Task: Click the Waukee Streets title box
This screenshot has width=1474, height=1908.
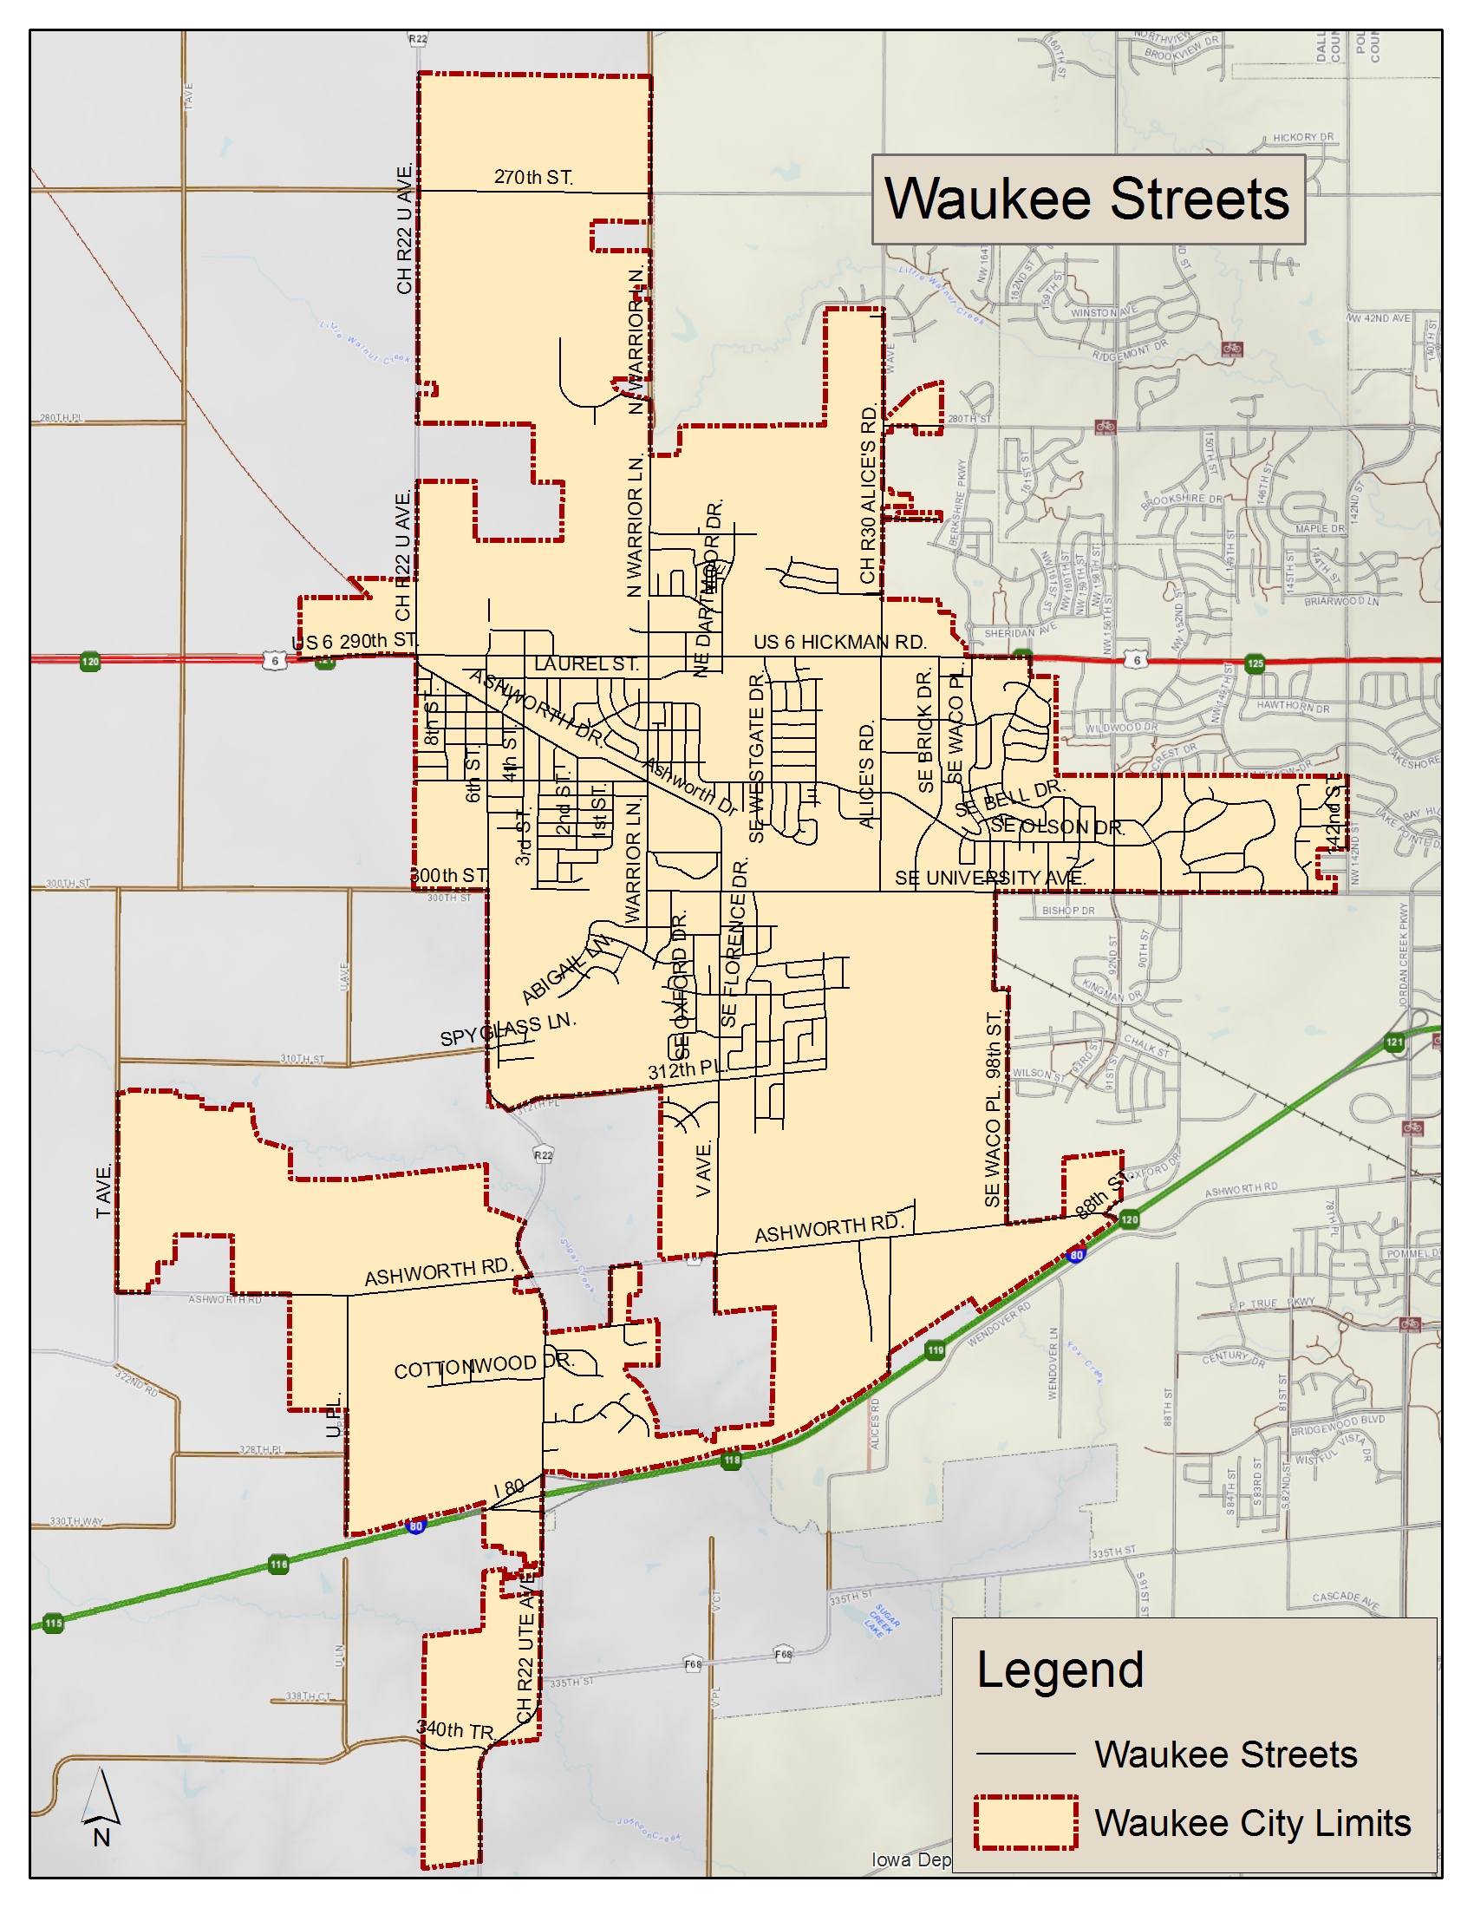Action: tap(1088, 199)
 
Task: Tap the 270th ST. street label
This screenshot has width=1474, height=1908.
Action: tap(532, 177)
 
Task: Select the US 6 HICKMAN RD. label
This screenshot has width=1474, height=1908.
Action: tap(839, 642)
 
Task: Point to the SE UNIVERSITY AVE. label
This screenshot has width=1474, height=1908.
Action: tap(990, 878)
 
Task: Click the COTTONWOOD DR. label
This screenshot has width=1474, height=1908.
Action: tap(483, 1365)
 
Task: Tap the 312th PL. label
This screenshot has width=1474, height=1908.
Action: tap(686, 1069)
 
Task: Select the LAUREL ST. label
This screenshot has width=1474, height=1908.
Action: tap(586, 664)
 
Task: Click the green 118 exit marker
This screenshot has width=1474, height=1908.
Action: tap(732, 1460)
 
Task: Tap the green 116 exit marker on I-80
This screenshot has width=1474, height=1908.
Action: tap(278, 1565)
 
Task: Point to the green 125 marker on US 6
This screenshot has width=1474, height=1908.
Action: tap(1255, 663)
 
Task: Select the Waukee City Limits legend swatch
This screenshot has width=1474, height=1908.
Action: tap(1026, 1823)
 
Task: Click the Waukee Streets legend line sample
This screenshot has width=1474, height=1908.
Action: tap(1025, 1754)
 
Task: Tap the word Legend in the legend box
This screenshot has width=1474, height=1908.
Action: tap(1060, 1670)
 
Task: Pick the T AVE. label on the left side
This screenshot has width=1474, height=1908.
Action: tap(104, 1191)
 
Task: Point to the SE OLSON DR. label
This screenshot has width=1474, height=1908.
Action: tap(1057, 827)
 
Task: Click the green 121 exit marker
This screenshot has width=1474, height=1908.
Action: tap(1394, 1042)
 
